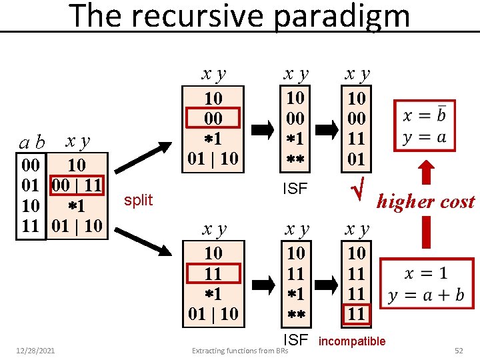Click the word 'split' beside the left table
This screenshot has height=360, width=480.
tap(139, 200)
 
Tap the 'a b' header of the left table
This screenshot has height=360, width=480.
tap(31, 142)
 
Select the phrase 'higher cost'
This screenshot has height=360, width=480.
tap(425, 201)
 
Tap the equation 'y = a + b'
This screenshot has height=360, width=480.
tap(426, 295)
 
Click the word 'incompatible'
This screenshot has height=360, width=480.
tap(352, 341)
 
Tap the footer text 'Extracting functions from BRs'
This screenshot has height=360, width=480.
tap(240, 350)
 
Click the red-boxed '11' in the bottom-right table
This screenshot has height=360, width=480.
tap(357, 313)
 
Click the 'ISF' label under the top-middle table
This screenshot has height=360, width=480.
tap(294, 189)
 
